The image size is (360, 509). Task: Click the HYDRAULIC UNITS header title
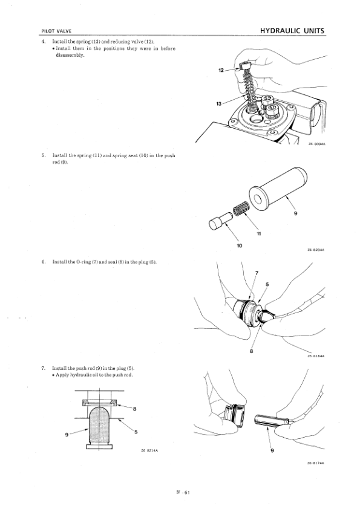(x=292, y=30)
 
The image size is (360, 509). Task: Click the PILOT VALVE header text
(x=56, y=31)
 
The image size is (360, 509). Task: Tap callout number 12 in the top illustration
(x=221, y=71)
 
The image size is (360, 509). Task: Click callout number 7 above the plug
(x=257, y=272)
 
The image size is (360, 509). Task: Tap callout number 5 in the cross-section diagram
(x=136, y=431)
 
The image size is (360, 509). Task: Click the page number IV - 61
(x=180, y=493)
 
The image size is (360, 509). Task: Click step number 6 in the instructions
(x=44, y=262)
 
